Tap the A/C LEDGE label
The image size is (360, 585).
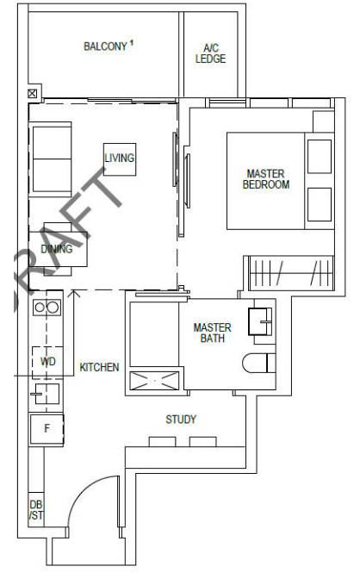[x=210, y=53]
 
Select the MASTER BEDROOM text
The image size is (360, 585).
[x=266, y=179]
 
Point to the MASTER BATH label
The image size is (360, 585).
[x=212, y=333]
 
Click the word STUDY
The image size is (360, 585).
[x=181, y=420]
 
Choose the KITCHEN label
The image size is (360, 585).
[x=99, y=367]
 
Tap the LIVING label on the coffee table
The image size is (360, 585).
[x=120, y=159]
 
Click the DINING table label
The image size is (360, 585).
[x=57, y=249]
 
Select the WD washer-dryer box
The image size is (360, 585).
[x=47, y=362]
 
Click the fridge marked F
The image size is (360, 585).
[x=47, y=429]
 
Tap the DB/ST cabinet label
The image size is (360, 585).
[x=36, y=510]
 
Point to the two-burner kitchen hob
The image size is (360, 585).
[x=47, y=308]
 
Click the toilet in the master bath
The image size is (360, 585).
[x=259, y=363]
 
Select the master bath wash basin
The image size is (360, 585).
[x=260, y=321]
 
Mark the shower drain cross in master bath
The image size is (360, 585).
[x=154, y=381]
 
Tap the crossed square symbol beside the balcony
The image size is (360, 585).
[x=33, y=93]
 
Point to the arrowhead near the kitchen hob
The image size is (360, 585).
[x=75, y=293]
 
